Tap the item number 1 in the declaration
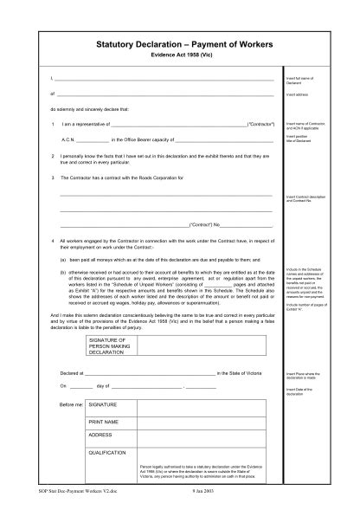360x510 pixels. point(53,125)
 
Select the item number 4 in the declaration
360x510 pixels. point(53,238)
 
